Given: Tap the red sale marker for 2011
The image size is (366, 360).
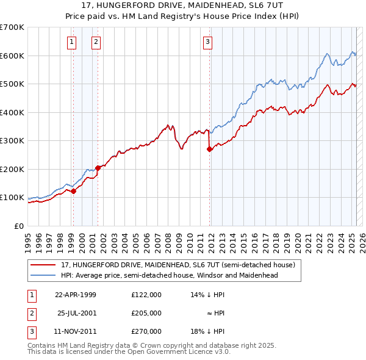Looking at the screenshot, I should click(x=209, y=148).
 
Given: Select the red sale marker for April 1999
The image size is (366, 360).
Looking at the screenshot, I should click(x=73, y=191).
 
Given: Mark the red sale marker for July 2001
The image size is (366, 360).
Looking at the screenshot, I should click(x=98, y=167).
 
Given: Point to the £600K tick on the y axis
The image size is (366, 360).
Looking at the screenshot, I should click(x=12, y=56).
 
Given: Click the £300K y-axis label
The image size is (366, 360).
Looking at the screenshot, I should click(x=12, y=140).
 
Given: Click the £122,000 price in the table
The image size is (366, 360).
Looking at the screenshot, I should click(x=146, y=294).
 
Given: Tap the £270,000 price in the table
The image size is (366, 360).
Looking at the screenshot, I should click(x=146, y=331).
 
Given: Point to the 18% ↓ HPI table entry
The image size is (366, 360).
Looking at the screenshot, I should click(x=208, y=331).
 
